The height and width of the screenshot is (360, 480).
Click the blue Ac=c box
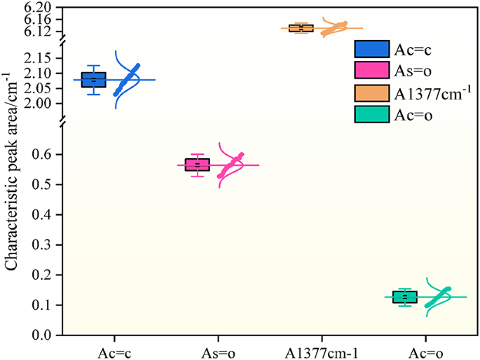94,79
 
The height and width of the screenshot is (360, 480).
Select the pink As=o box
197,165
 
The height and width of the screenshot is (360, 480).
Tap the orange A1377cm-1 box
301,28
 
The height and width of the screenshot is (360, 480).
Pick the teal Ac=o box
405,297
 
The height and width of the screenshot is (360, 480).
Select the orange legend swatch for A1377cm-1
372,92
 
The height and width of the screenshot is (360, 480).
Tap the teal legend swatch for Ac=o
372,113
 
